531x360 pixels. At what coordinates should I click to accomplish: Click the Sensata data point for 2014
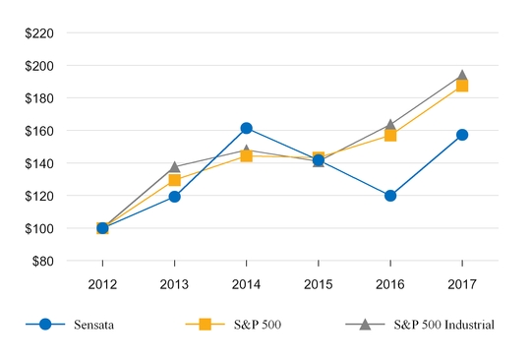tap(246, 128)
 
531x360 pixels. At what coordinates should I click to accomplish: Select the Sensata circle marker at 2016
tap(390, 196)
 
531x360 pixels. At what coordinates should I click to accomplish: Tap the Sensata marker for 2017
tap(462, 135)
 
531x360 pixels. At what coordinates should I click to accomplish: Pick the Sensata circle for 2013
tap(174, 197)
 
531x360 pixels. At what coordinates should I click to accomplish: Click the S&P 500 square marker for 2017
tap(462, 86)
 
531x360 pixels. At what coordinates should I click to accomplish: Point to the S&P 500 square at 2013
tap(174, 180)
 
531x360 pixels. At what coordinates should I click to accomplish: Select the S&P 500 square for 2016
tap(390, 135)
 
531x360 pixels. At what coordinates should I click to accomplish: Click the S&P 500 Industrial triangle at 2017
tap(462, 75)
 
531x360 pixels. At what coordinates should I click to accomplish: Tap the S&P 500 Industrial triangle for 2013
tap(174, 167)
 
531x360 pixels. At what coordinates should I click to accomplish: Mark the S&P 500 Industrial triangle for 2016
tap(390, 125)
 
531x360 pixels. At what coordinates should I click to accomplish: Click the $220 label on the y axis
tap(39, 33)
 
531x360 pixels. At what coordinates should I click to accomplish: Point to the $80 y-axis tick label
tap(42, 261)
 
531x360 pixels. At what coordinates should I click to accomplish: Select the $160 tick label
tap(39, 131)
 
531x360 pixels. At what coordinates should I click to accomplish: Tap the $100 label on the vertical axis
tap(39, 228)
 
